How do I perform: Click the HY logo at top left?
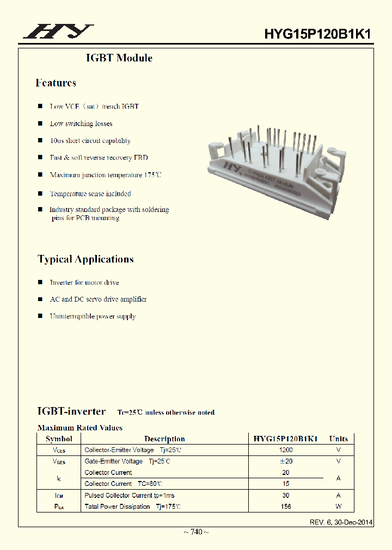(58, 32)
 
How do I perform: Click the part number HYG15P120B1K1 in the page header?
(318, 34)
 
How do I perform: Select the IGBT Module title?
(119, 58)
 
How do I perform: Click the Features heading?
(56, 83)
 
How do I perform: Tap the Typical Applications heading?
(85, 259)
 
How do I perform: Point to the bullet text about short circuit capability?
(90, 141)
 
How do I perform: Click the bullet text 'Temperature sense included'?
(90, 193)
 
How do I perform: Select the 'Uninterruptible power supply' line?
(93, 316)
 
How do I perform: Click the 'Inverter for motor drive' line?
(84, 283)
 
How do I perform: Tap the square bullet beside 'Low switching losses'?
(40, 123)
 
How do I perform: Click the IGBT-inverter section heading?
(71, 411)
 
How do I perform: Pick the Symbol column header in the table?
(59, 439)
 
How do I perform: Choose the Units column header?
(338, 439)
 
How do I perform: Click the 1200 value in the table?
(286, 450)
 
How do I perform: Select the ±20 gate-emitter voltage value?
(286, 461)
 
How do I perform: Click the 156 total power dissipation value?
(286, 507)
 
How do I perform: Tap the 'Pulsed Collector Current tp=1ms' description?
(130, 496)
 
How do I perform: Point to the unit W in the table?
(338, 507)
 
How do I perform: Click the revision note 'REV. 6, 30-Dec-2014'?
(341, 522)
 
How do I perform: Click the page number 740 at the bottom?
(195, 532)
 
